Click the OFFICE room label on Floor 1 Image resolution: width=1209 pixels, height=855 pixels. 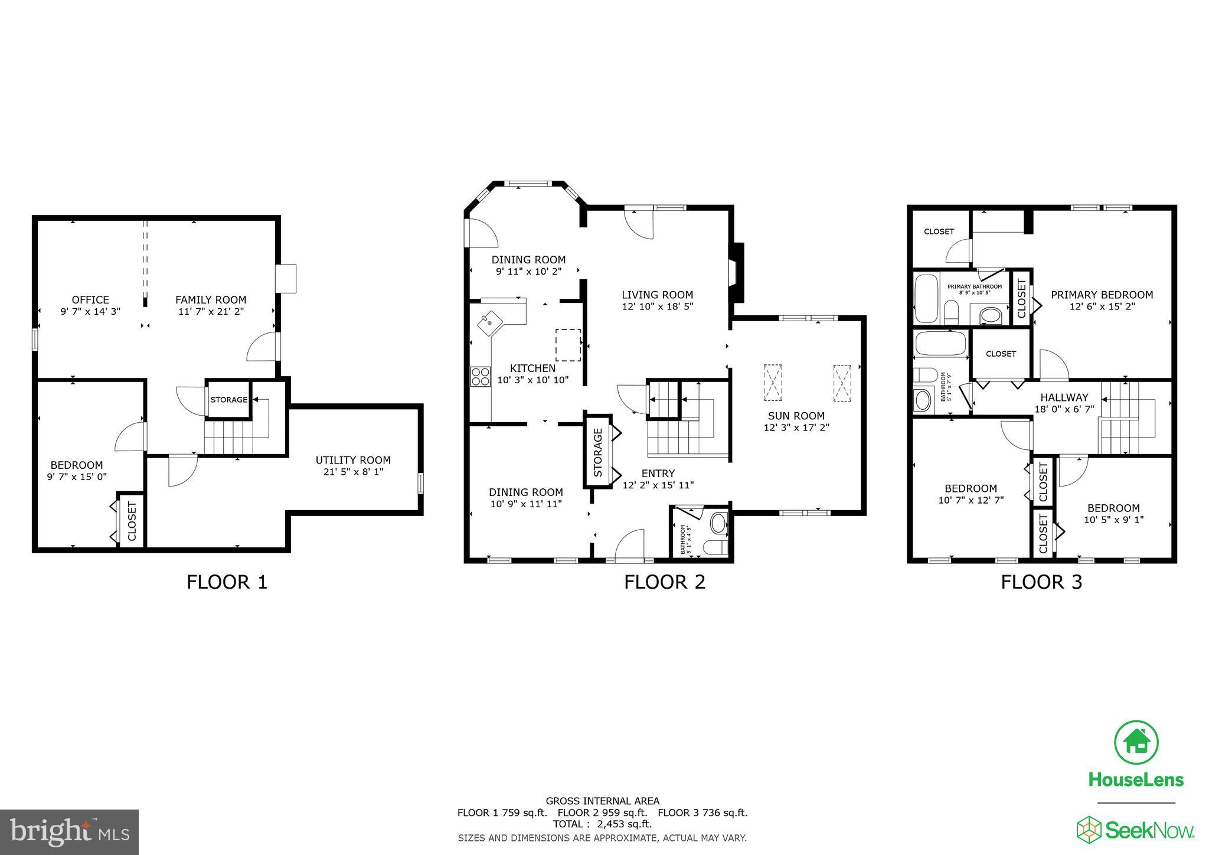pos(90,300)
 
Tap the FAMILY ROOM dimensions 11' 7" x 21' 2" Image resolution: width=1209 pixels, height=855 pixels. pos(211,311)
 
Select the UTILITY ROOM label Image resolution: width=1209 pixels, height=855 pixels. pos(353,460)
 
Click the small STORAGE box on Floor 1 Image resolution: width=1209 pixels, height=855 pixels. pos(228,400)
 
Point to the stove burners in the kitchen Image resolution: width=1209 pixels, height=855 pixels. pos(481,376)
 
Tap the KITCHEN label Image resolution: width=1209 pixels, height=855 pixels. pos(532,368)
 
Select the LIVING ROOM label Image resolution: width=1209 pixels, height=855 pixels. pos(657,295)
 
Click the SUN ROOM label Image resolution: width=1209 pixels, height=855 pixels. pos(796,416)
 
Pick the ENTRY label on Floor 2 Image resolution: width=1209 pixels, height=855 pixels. pos(658,474)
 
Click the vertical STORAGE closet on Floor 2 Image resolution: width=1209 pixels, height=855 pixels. pos(598,452)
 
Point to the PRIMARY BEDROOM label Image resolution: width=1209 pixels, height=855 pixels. pos(1102,295)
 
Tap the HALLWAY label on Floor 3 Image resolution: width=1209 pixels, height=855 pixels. pos(1064,397)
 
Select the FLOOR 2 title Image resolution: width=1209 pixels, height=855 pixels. pos(664,582)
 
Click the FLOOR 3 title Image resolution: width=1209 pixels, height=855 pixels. pos(1041,582)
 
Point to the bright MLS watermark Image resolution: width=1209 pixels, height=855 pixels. pos(70,832)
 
